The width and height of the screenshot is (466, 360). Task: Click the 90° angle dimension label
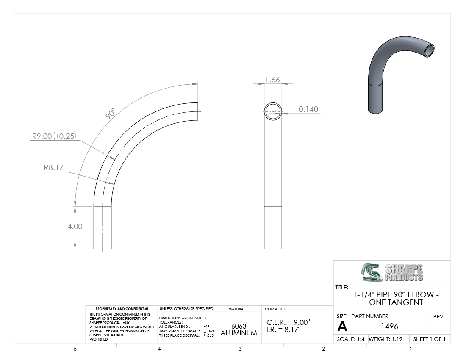pos(110,114)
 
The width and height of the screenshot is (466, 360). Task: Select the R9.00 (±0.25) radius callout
pos(54,136)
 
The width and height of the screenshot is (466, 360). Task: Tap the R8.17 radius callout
pos(54,168)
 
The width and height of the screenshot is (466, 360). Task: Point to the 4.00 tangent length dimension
pos(75,226)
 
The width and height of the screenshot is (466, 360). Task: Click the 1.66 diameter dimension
pos(272,80)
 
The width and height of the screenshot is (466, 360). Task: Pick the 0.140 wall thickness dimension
pos(308,109)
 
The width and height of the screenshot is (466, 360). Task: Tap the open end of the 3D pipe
pos(429,50)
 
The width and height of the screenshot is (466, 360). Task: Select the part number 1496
pos(389,326)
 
